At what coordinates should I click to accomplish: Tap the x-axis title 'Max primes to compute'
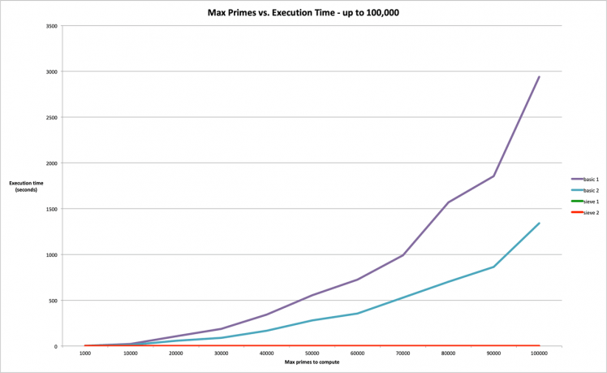point(312,362)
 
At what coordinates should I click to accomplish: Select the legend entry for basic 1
point(590,178)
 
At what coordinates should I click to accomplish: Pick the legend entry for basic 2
point(590,189)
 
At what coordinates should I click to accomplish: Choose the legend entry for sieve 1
point(590,201)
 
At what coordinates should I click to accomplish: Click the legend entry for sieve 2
point(590,212)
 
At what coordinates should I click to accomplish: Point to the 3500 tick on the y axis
point(51,26)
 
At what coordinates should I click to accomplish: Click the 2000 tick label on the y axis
point(51,163)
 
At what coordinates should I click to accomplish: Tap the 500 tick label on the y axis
point(53,301)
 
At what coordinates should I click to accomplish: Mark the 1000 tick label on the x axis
point(84,353)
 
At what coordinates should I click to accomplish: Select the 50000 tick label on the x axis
point(312,353)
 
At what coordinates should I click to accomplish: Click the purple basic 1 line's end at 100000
point(539,77)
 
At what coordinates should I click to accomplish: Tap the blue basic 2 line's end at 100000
point(539,223)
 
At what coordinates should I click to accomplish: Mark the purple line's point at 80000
point(448,202)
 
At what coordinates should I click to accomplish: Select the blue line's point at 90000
point(493,267)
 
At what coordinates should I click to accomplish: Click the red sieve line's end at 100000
point(539,346)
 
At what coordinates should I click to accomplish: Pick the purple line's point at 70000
point(403,255)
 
